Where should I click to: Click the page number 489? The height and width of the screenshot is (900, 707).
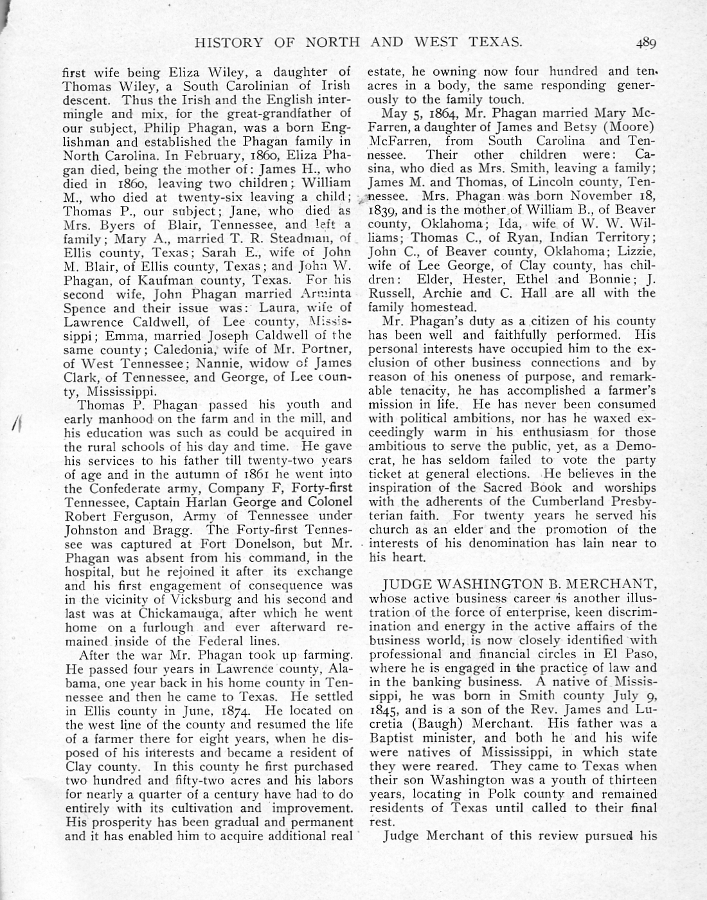click(645, 43)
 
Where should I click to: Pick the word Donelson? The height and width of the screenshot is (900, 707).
click(251, 544)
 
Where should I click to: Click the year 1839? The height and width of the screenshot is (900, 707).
click(384, 210)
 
